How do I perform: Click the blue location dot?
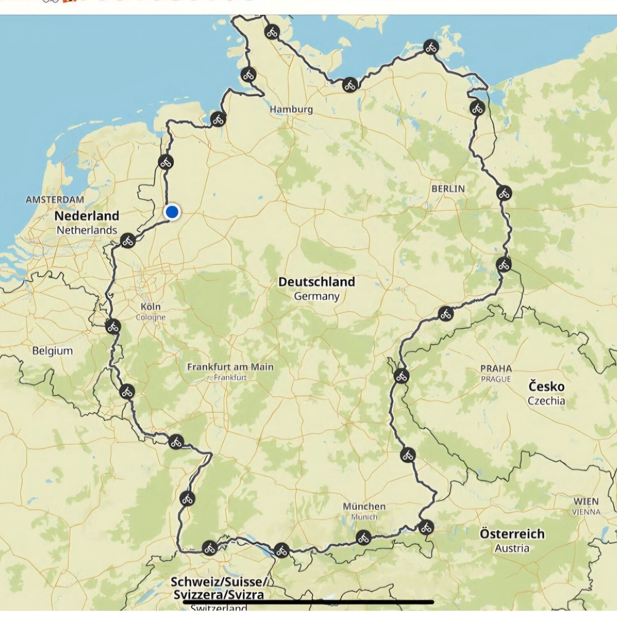[172, 212]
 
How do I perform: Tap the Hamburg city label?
[291, 109]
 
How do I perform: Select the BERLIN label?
[448, 189]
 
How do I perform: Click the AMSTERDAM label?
[55, 199]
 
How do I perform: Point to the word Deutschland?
[316, 282]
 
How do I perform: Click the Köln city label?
[151, 306]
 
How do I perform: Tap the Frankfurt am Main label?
[230, 367]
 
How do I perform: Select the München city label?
[364, 506]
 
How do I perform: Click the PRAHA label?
[496, 369]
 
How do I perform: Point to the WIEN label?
[586, 501]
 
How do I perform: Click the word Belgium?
[53, 351]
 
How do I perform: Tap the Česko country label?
[546, 387]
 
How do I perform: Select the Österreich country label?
[512, 534]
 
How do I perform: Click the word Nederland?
[87, 216]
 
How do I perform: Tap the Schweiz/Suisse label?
[219, 582]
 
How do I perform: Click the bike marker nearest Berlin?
[504, 193]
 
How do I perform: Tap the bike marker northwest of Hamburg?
[248, 75]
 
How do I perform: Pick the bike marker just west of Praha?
[401, 376]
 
